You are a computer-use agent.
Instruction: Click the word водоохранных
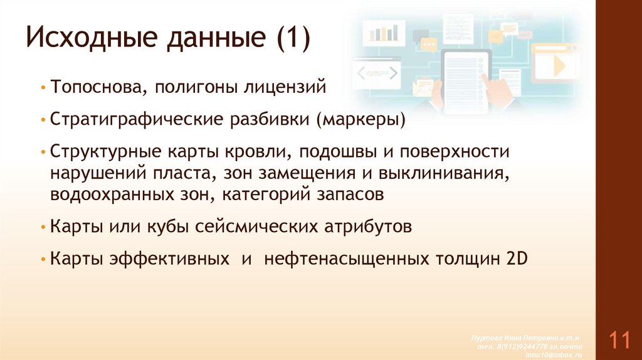point(108,194)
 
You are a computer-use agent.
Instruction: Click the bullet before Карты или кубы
point(41,227)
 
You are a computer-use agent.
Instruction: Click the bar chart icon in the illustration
point(385,31)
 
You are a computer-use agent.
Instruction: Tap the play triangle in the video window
point(557,65)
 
